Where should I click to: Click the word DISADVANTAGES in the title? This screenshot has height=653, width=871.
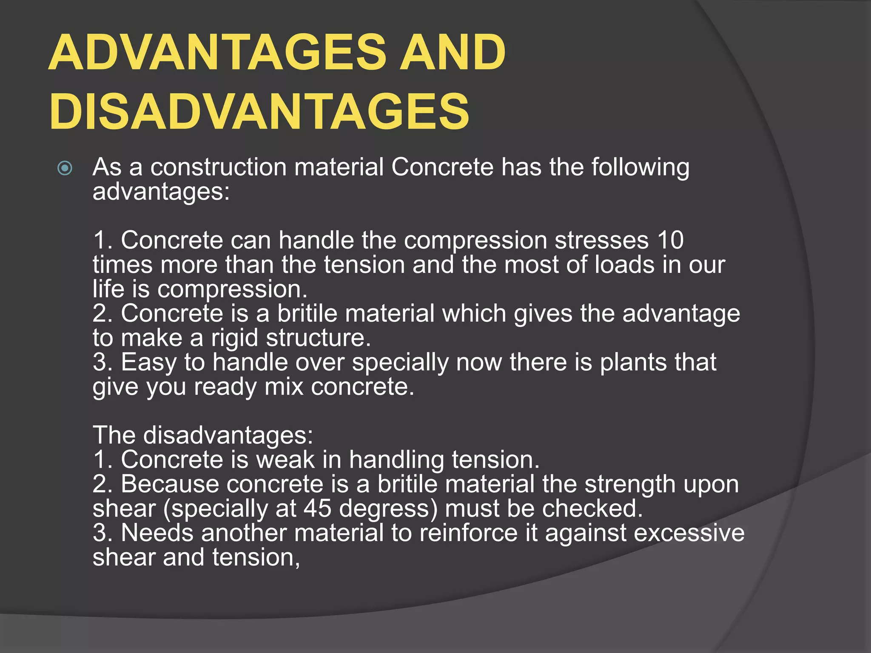[259, 111]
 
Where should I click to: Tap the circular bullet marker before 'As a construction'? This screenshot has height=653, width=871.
[65, 168]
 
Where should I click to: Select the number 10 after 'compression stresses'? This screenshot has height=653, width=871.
[670, 240]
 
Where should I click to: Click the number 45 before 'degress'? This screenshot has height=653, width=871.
[317, 508]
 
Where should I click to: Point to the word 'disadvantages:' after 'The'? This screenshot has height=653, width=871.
[228, 435]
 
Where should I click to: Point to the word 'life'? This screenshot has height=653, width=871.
[109, 289]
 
